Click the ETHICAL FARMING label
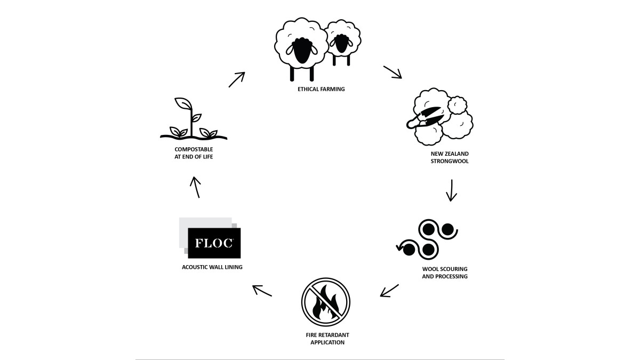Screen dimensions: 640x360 [321, 89]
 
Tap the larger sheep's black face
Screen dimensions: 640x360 [301, 51]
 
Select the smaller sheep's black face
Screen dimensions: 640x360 [341, 43]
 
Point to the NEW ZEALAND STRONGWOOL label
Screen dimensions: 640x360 [450, 157]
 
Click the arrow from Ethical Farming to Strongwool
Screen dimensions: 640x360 [393, 72]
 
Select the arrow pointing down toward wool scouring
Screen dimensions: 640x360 [451, 190]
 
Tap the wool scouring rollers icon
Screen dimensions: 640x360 [427, 239]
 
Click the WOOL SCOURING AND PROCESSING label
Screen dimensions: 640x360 [445, 273]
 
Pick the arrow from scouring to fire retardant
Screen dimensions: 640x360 [389, 291]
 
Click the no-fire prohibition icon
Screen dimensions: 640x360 [326, 302]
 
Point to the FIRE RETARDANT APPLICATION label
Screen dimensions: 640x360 [327, 339]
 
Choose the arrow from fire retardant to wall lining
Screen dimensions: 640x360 [262, 291]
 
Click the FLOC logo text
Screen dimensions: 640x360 [214, 243]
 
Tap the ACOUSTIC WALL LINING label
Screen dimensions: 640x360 [212, 267]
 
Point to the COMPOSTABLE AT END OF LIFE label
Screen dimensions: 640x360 [194, 153]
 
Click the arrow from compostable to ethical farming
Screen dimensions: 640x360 [237, 79]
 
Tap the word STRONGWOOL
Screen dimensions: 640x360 [450, 161]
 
